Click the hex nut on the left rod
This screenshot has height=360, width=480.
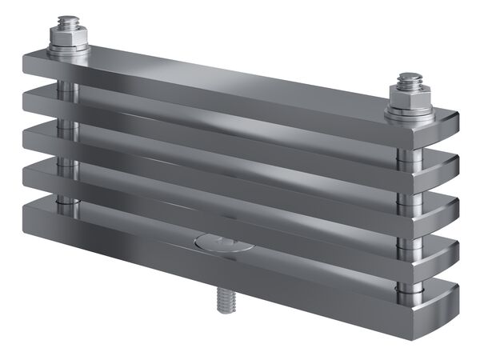[68, 38]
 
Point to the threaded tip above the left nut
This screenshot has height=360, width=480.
[69, 20]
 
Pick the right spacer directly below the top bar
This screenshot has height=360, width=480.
[408, 156]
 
